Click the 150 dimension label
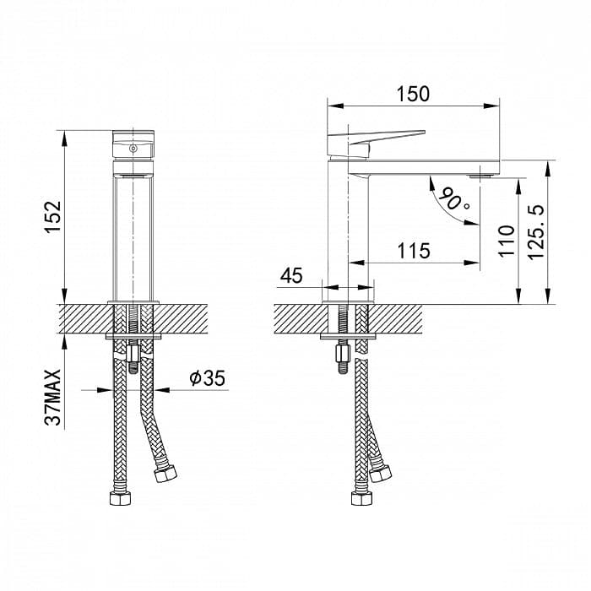pos(413,94)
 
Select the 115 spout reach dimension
pos(414,251)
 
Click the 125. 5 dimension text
pos(536,232)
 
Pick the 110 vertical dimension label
pos(507,241)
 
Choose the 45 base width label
pos(291,275)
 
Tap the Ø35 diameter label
pos(208,378)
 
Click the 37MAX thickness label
pos(52,398)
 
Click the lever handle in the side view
pos(377,144)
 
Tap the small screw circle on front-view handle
pos(133,149)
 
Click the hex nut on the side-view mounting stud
pos(343,354)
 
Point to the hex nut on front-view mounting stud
pos(133,354)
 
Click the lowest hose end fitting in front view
pos(120,498)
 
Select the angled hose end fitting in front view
pos(165,474)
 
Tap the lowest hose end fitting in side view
pos(362,498)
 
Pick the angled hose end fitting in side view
pos(380,474)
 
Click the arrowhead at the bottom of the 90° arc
pos(472,222)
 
